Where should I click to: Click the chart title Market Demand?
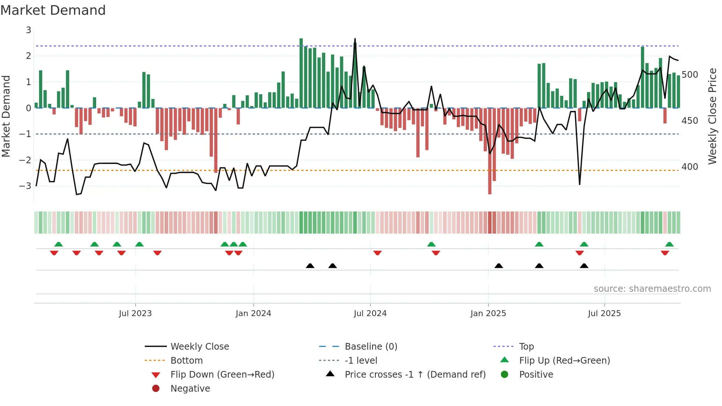(x=53, y=10)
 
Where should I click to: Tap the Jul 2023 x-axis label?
(x=135, y=314)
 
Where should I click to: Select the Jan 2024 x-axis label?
(x=253, y=314)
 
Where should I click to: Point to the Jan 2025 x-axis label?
(x=488, y=314)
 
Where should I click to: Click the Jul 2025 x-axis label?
(x=604, y=314)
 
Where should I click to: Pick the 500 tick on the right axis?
(x=690, y=75)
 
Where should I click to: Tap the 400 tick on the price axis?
(x=690, y=167)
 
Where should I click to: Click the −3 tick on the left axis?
(x=25, y=186)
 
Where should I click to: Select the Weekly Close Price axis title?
(x=712, y=116)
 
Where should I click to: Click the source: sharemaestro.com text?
(x=652, y=289)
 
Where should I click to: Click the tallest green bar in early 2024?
(x=301, y=74)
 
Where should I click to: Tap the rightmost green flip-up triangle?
(x=669, y=244)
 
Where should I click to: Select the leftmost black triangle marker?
(x=310, y=266)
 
